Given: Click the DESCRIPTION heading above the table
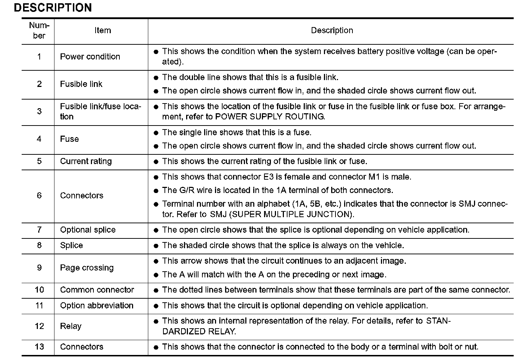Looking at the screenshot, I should point(53,8).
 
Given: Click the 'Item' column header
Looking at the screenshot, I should point(102,31).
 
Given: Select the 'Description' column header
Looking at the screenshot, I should point(332,31).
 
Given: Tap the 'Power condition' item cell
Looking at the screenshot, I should point(90,57).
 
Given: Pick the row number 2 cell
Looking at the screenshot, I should point(39,84).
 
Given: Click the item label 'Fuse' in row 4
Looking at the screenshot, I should point(69,139).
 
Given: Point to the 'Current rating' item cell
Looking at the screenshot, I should point(86,161).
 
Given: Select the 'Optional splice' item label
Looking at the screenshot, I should point(88,230).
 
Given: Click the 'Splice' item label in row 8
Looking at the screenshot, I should point(71,245).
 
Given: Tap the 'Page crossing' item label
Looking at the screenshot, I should point(87,268).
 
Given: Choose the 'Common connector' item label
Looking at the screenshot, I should point(97,290).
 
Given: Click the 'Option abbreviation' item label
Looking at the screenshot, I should point(97,306).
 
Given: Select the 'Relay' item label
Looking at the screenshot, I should point(71,326).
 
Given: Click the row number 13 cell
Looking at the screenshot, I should point(39,347).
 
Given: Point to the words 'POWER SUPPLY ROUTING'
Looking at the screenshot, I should point(269,117).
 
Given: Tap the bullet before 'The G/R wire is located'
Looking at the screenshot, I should point(156,191).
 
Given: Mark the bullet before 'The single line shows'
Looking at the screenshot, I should point(156,133).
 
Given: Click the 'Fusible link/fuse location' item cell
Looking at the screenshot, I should point(101,111).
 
